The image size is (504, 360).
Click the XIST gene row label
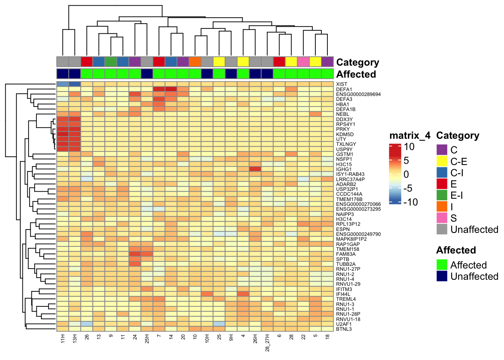point(341,84)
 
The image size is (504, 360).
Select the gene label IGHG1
point(343,169)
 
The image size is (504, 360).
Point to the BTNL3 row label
point(343,329)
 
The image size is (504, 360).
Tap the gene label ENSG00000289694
point(358,94)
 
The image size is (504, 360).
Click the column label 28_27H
point(267,342)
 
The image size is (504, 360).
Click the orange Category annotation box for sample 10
point(195,61)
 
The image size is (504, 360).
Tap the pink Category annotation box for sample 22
point(303,61)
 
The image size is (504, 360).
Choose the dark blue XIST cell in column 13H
point(75,84)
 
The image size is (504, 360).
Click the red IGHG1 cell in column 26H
point(255,169)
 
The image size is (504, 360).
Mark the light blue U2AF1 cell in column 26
point(87,324)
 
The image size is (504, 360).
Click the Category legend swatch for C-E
point(442,161)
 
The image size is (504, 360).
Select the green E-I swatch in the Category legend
point(442,195)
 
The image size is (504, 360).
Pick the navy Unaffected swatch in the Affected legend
point(442,276)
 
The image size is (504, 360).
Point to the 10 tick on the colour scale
point(409,147)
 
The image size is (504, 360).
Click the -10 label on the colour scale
point(410,202)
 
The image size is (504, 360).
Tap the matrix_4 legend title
point(409,135)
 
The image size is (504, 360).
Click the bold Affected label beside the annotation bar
point(356,74)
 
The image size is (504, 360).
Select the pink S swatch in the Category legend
point(442,218)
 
